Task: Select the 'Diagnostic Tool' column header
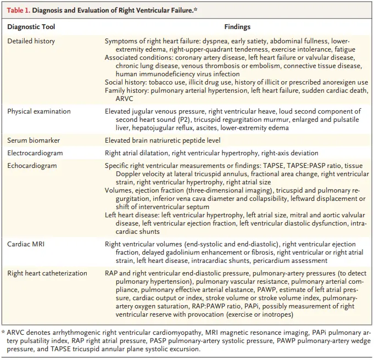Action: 31,26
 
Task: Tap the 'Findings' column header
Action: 237,26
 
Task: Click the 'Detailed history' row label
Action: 31,41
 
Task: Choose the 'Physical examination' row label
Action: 38,111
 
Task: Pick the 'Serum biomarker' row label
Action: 34,140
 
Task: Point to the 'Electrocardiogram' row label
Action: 35,153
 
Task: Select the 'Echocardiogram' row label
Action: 32,165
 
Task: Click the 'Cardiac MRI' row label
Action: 27,244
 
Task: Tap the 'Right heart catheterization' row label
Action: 47,273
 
